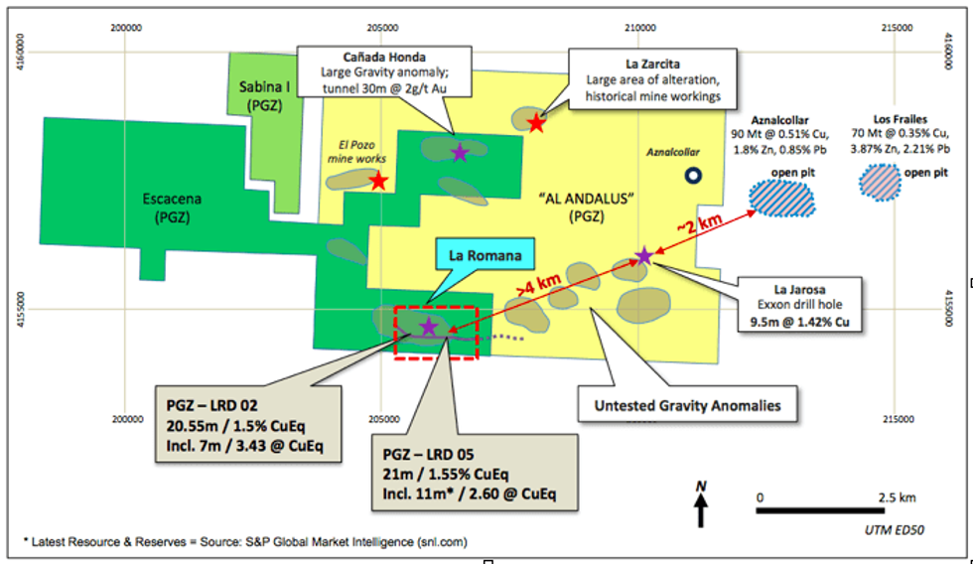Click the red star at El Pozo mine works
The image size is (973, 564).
378,181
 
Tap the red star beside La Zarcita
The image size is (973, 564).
536,123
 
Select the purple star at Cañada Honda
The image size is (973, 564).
459,152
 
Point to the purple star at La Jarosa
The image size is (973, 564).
643,256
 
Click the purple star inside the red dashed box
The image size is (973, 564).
429,326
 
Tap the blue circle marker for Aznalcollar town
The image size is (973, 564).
694,176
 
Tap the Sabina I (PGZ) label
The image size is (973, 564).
264,94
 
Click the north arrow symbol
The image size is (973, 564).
701,505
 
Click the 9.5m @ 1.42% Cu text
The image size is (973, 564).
799,321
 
